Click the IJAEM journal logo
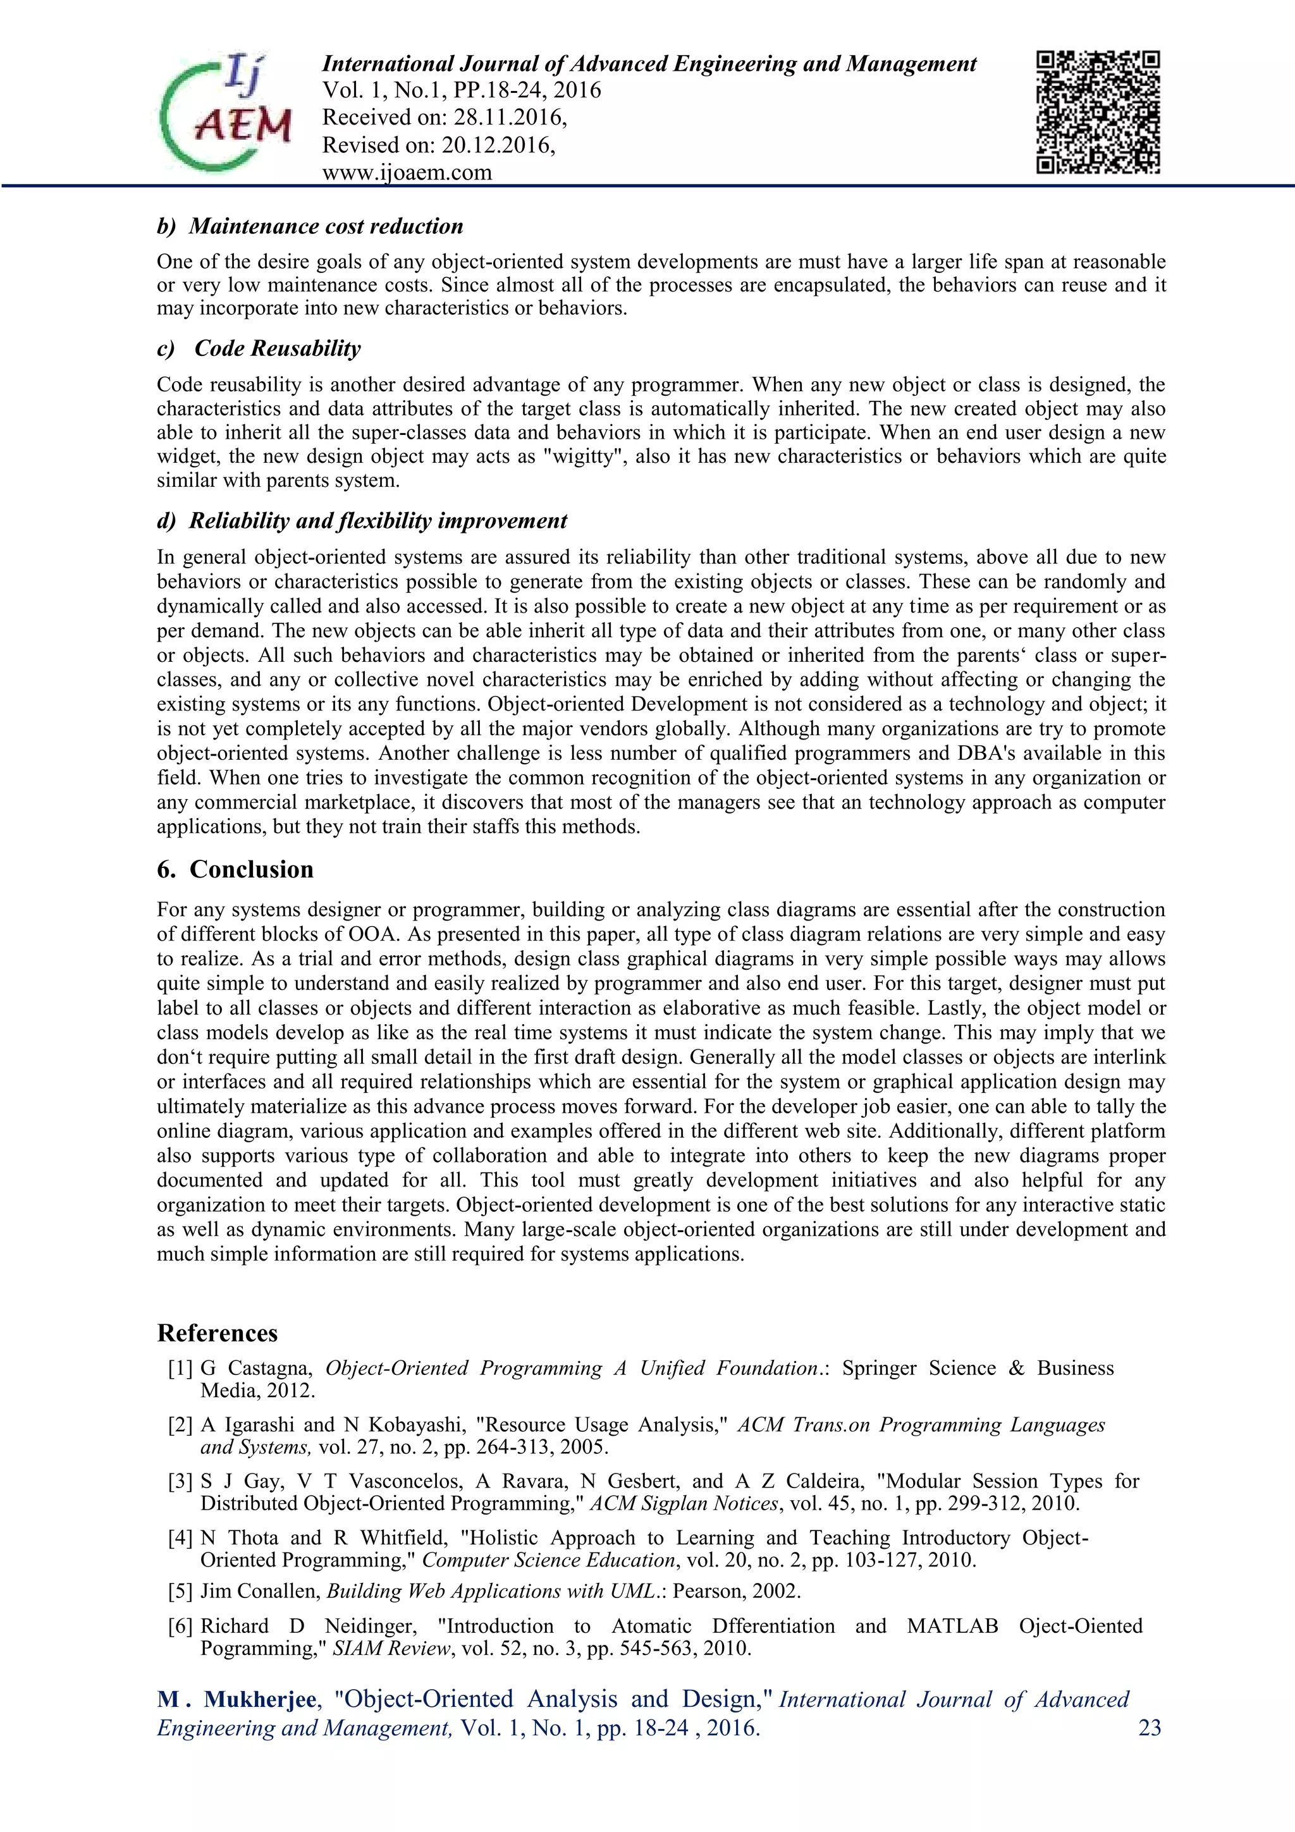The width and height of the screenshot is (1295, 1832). point(226,113)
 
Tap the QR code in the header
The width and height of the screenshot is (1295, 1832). point(1097,113)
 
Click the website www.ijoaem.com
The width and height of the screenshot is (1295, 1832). point(407,173)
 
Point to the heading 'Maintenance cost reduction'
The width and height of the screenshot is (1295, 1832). point(326,226)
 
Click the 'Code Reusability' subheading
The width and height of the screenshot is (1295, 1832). point(277,349)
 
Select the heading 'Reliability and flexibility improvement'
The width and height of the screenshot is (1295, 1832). point(377,521)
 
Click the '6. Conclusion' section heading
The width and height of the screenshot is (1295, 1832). point(235,869)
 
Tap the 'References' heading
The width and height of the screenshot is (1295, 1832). point(217,1333)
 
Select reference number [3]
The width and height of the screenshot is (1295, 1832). point(180,1482)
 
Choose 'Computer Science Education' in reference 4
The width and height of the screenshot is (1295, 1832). point(548,1560)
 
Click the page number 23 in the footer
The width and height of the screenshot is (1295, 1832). point(1149,1728)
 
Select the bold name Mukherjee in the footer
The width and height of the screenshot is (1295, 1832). point(260,1699)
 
